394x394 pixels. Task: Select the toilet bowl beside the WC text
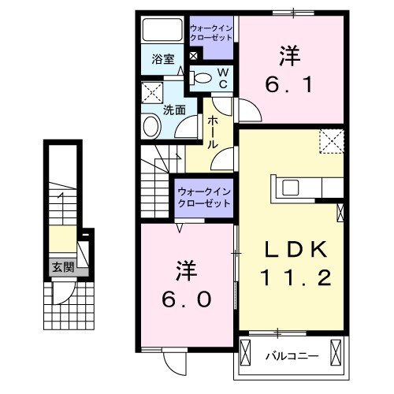pos(202,78)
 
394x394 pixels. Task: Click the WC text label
pos(223,77)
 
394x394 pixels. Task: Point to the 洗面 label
pos(174,110)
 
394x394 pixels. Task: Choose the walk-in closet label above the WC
pos(210,34)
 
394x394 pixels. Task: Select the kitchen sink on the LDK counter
pos(288,188)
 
